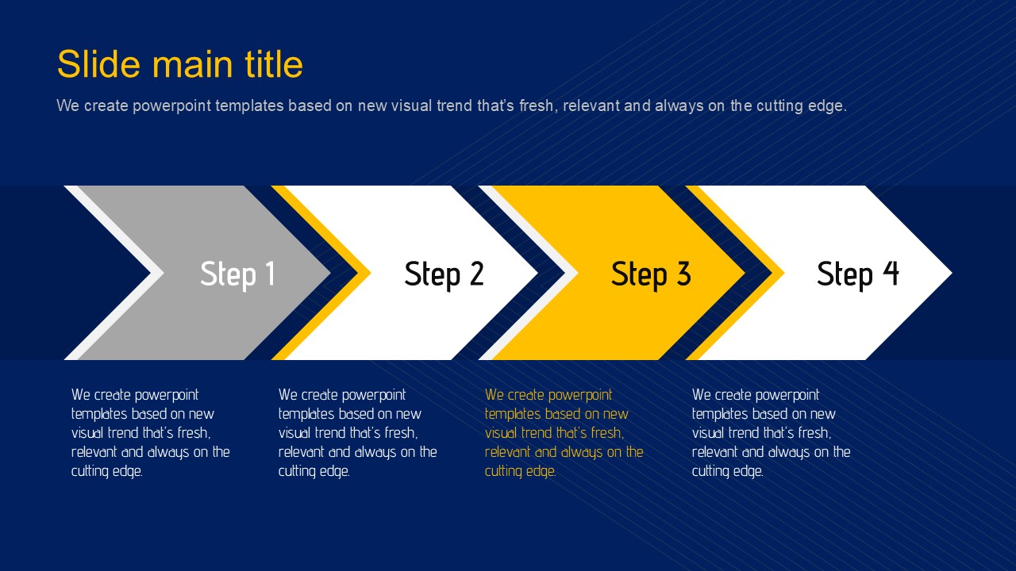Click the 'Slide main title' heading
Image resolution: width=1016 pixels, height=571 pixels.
(x=179, y=64)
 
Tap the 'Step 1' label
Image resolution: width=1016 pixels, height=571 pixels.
(x=237, y=274)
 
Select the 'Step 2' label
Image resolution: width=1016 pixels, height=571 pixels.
(x=444, y=274)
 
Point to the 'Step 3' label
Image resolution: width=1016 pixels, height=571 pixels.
(x=651, y=274)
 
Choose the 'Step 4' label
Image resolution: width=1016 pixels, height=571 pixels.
(x=858, y=274)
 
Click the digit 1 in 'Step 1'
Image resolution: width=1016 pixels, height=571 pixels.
(x=271, y=273)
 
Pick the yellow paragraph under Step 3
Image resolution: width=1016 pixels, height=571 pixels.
(x=564, y=433)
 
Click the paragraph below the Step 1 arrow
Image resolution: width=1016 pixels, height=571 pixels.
(x=151, y=433)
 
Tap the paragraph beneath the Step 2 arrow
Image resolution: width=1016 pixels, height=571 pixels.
(x=357, y=433)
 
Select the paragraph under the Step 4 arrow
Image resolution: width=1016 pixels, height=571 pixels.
(x=771, y=433)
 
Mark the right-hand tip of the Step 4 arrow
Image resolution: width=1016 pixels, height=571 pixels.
(x=952, y=273)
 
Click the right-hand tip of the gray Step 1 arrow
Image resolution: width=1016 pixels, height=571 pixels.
(x=330, y=273)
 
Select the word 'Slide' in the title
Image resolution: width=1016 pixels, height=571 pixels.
(x=99, y=64)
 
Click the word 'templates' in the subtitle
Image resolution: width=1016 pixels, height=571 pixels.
(x=249, y=106)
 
